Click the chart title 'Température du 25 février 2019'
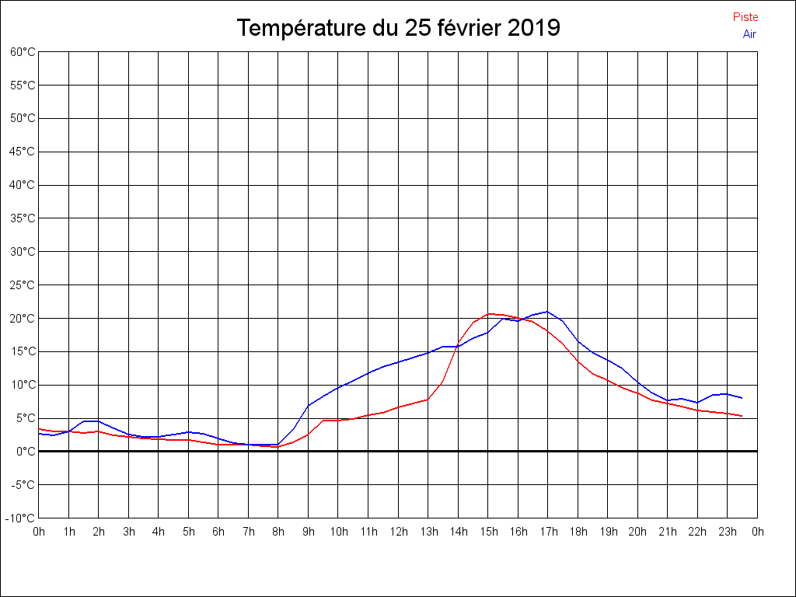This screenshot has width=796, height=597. point(398,28)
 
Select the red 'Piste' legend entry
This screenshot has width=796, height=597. point(745,17)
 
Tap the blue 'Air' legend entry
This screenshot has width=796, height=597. point(749,34)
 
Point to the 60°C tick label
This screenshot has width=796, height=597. point(23,52)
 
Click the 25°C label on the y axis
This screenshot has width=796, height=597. point(23,285)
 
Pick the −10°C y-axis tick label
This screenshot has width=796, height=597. point(21,518)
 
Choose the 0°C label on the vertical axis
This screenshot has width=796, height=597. point(26,451)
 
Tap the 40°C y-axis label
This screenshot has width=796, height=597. point(23,185)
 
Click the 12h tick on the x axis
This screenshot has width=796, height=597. point(398,532)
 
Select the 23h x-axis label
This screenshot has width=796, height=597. point(728,532)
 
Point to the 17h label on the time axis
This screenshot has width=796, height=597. point(548,532)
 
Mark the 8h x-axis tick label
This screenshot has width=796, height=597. point(278,532)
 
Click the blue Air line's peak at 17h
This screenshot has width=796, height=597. point(548,312)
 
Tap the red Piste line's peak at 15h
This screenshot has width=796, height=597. point(488,314)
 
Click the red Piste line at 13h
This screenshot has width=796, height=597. point(428,400)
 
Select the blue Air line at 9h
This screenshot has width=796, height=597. point(309,406)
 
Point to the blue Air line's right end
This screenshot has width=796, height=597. point(742,398)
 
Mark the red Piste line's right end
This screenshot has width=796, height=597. point(742,416)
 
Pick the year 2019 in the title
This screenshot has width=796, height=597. point(533,28)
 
